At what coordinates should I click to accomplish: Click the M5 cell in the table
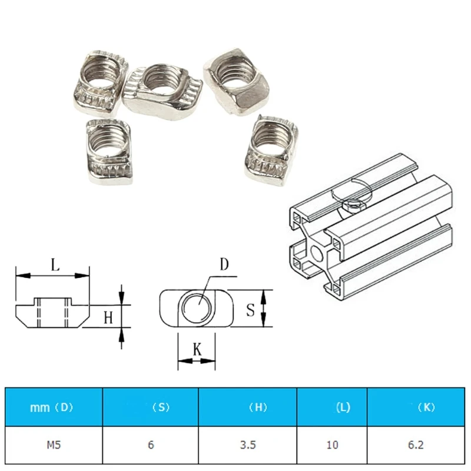[54, 445]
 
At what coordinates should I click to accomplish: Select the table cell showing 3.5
[248, 445]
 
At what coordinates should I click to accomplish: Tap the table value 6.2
[416, 445]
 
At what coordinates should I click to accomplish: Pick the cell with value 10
[332, 445]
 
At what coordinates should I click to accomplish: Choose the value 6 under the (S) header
[151, 445]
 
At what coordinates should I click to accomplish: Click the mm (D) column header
[52, 407]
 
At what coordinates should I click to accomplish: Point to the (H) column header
[258, 407]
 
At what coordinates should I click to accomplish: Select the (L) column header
[343, 407]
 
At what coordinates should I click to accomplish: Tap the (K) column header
[426, 407]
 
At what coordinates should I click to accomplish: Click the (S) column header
[161, 407]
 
